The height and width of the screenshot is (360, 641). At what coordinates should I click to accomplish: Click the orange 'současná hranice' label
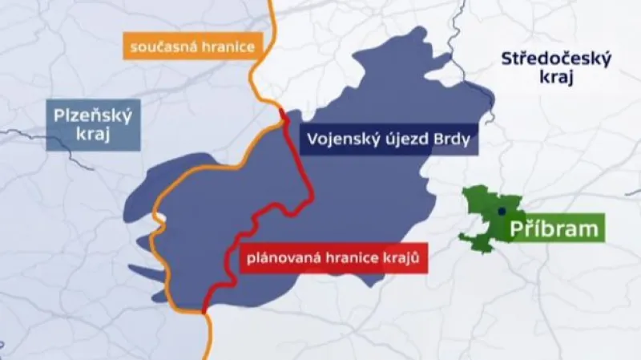click(x=190, y=46)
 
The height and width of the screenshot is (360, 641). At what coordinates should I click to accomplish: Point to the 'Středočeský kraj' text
click(x=555, y=67)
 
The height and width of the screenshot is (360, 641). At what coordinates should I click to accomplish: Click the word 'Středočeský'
click(x=555, y=58)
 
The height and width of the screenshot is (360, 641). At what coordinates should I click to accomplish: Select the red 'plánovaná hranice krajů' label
click(x=333, y=259)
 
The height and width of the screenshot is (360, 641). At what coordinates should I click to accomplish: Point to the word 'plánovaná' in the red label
click(x=280, y=259)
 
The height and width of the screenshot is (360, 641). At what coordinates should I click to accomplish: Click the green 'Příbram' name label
click(x=554, y=229)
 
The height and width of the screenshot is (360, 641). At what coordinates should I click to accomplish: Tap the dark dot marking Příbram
click(x=500, y=211)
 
